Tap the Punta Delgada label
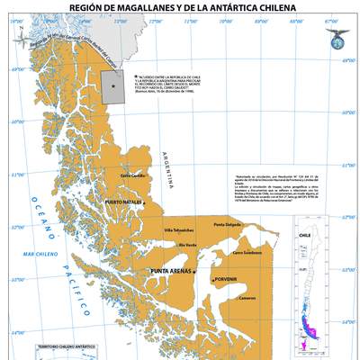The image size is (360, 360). point(228,224)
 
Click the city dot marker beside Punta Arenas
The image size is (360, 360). point(194,271)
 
